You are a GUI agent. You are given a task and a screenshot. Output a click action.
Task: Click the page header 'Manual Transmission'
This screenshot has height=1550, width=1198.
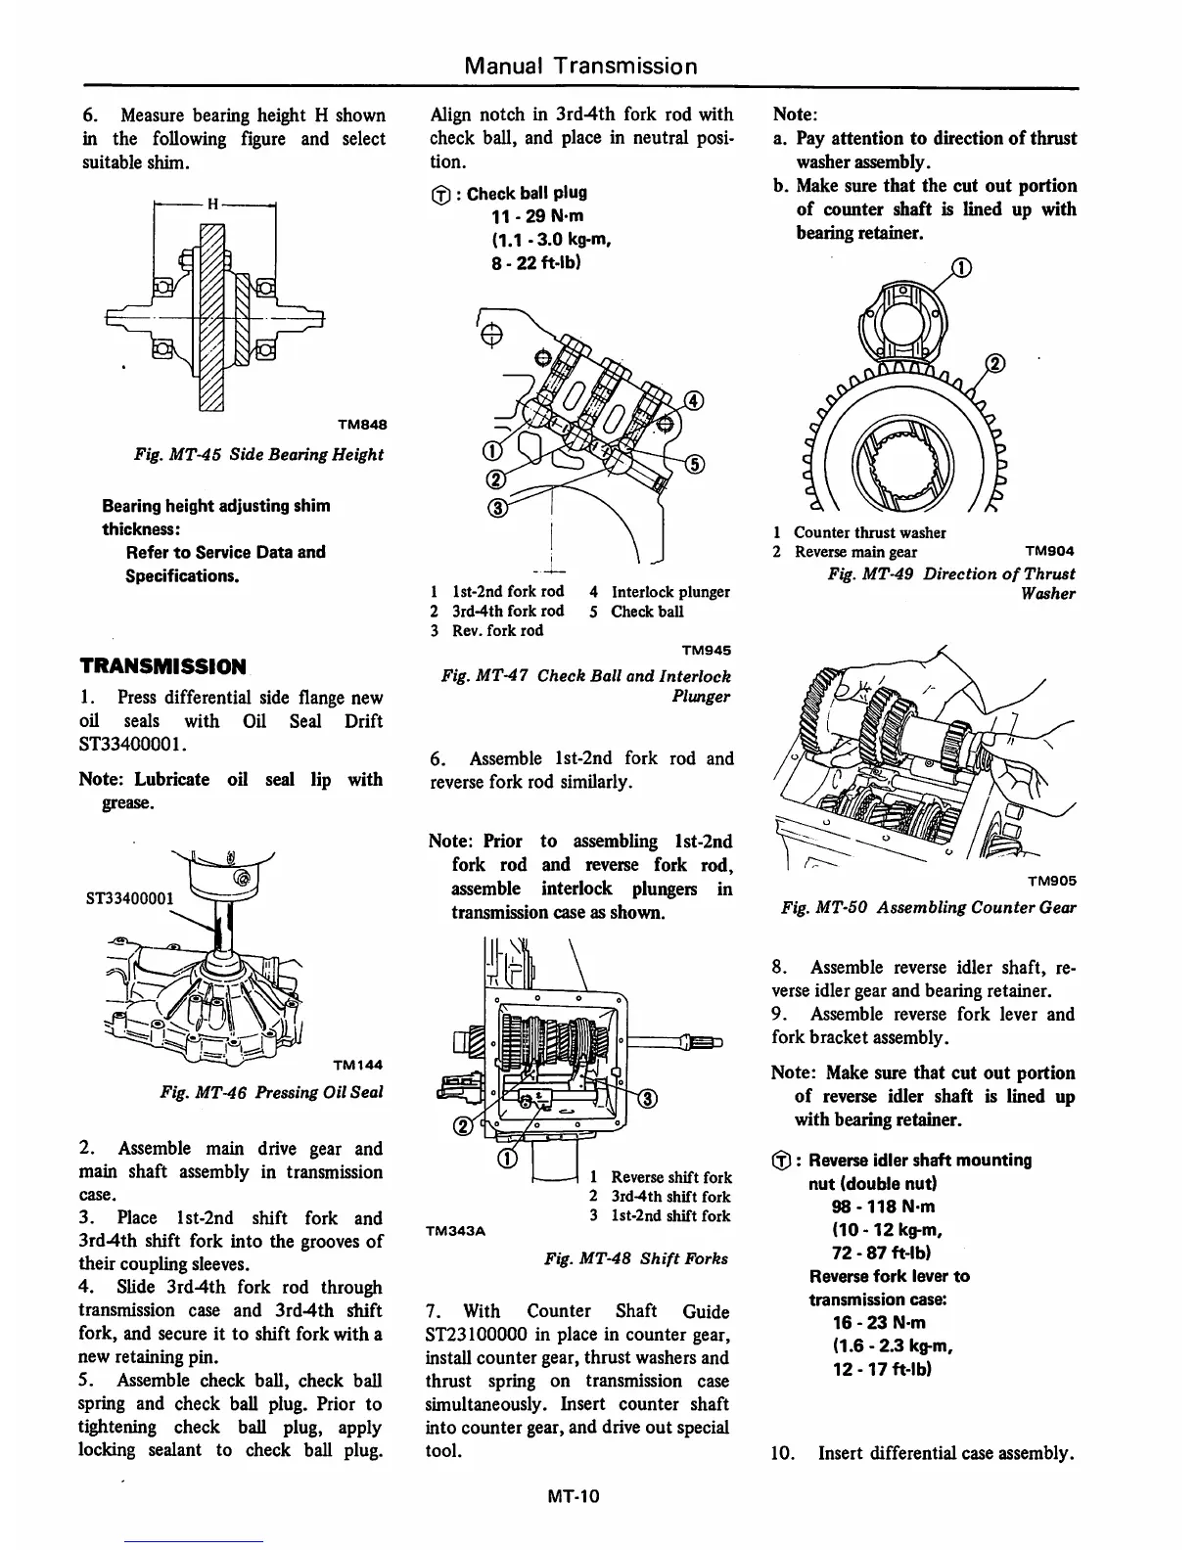(x=581, y=66)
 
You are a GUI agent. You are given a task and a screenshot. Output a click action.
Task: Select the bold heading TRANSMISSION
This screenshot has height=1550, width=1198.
(x=162, y=667)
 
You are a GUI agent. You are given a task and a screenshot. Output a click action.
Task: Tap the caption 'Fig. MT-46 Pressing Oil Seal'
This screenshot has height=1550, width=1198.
(x=271, y=1092)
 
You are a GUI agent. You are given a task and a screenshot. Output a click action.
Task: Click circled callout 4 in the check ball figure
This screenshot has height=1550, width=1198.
(x=693, y=400)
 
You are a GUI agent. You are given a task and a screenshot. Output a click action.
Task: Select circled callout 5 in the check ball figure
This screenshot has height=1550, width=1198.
(x=696, y=464)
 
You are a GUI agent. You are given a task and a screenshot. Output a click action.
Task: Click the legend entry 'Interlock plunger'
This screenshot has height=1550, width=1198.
(x=670, y=592)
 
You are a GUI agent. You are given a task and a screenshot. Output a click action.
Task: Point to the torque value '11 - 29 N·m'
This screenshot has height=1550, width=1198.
(x=538, y=216)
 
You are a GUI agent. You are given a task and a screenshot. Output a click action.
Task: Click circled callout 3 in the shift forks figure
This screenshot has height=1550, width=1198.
(x=648, y=1097)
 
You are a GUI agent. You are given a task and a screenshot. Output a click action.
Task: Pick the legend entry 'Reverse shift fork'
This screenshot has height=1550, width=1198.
(x=670, y=1177)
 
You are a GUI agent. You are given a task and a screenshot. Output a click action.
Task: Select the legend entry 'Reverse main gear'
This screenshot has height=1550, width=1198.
(x=855, y=552)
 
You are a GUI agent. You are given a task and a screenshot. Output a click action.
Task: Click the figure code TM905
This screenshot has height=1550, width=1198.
(x=1051, y=881)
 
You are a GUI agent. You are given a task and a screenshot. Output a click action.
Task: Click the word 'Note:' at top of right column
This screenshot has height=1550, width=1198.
(x=795, y=114)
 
